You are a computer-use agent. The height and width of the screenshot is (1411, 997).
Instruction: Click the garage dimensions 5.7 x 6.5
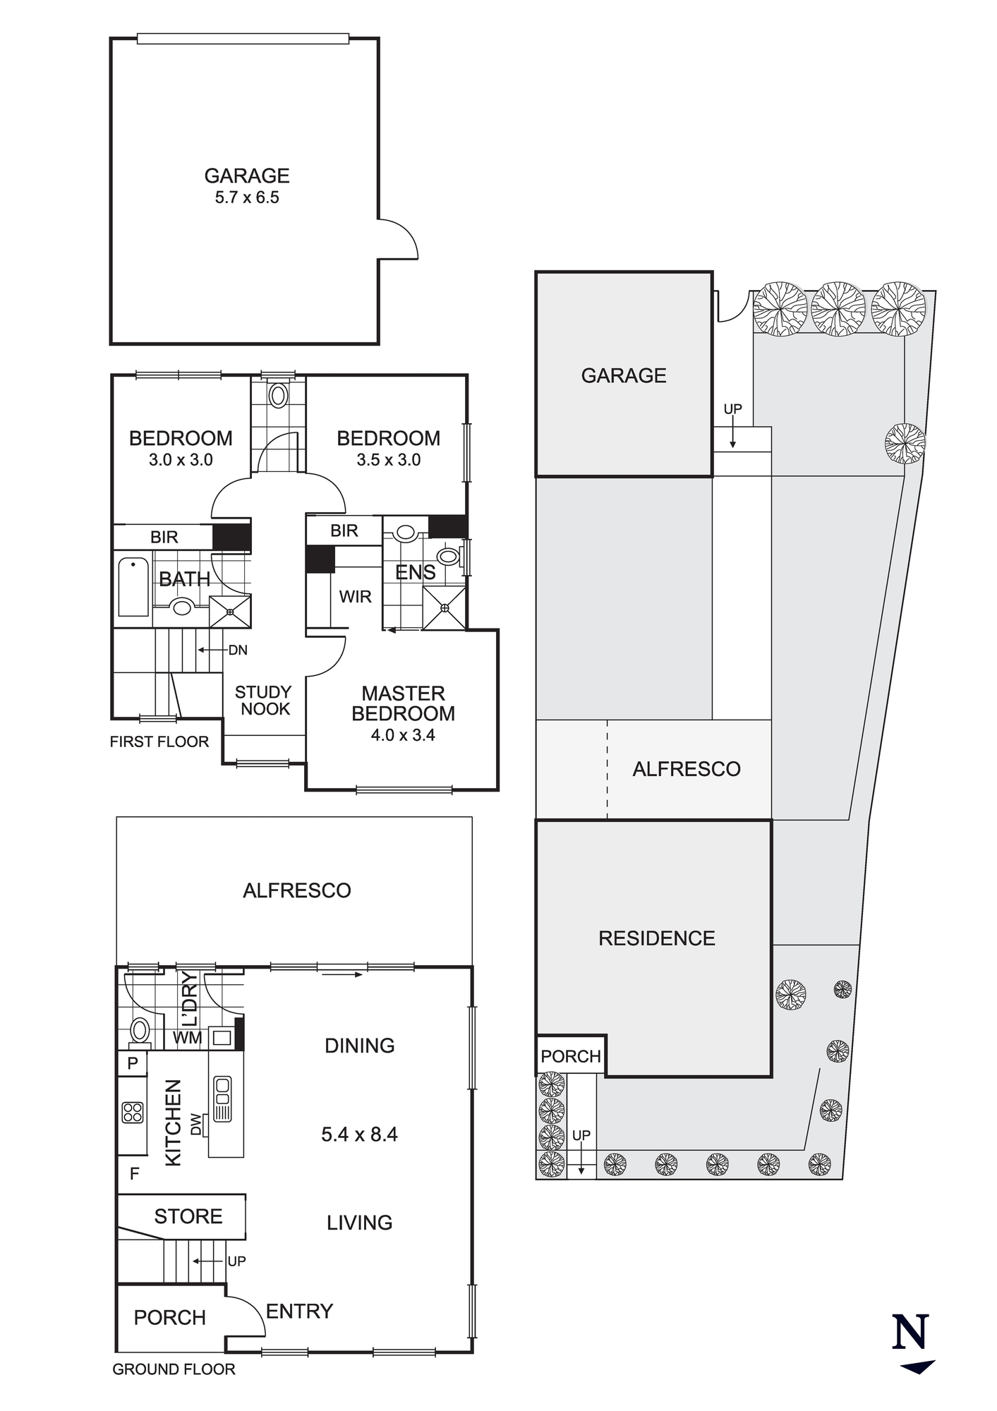(x=247, y=198)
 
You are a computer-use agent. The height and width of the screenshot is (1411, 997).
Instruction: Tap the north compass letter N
(x=910, y=1331)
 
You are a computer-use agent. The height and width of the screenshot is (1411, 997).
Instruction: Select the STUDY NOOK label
(x=263, y=701)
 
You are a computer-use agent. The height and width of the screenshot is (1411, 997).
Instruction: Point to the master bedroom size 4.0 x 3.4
(x=403, y=735)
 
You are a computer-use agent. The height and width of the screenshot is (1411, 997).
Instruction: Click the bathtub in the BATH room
(x=133, y=587)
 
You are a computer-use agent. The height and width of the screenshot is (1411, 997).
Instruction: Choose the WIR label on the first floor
(x=355, y=597)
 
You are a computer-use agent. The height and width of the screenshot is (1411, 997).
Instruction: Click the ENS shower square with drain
(x=445, y=607)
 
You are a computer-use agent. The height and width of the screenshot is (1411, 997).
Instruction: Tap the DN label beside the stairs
(x=238, y=650)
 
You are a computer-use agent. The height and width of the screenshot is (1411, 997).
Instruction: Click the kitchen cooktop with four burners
(x=133, y=1113)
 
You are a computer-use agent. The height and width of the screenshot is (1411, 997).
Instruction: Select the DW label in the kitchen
(x=196, y=1125)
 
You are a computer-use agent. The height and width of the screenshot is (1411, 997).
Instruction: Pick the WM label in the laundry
(x=188, y=1038)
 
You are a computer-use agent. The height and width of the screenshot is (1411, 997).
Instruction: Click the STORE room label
(x=188, y=1216)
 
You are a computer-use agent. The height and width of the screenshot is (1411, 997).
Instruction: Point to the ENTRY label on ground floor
(x=299, y=1312)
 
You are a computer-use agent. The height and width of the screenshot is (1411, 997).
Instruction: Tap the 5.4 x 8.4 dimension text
(x=359, y=1134)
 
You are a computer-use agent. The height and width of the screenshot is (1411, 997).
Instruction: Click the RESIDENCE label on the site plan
(x=657, y=938)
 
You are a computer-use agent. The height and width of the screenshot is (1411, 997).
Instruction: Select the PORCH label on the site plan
(x=571, y=1056)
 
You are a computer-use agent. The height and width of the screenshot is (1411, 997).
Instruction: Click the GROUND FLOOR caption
(x=174, y=1369)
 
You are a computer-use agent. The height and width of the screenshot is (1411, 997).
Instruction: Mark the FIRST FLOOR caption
(x=159, y=741)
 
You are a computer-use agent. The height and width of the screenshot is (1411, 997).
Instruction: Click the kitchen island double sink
(x=222, y=1098)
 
